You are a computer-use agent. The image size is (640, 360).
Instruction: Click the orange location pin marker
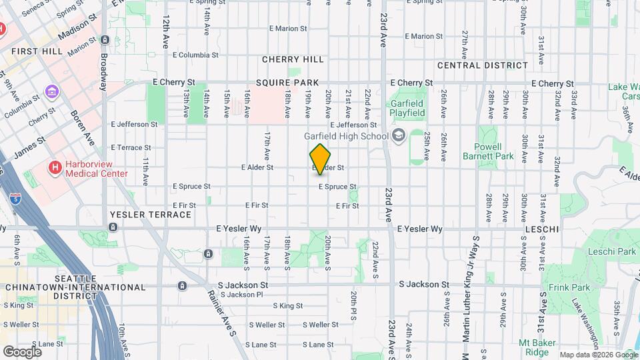[321, 159]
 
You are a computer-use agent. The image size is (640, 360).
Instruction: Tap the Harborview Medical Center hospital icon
[55, 167]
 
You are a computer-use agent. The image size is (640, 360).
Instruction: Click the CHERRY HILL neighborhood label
[293, 59]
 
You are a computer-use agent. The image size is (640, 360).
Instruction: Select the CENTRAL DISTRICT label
[483, 65]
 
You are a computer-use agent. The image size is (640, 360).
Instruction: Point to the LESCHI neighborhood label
[540, 229]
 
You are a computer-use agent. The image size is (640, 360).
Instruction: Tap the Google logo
[22, 351]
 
